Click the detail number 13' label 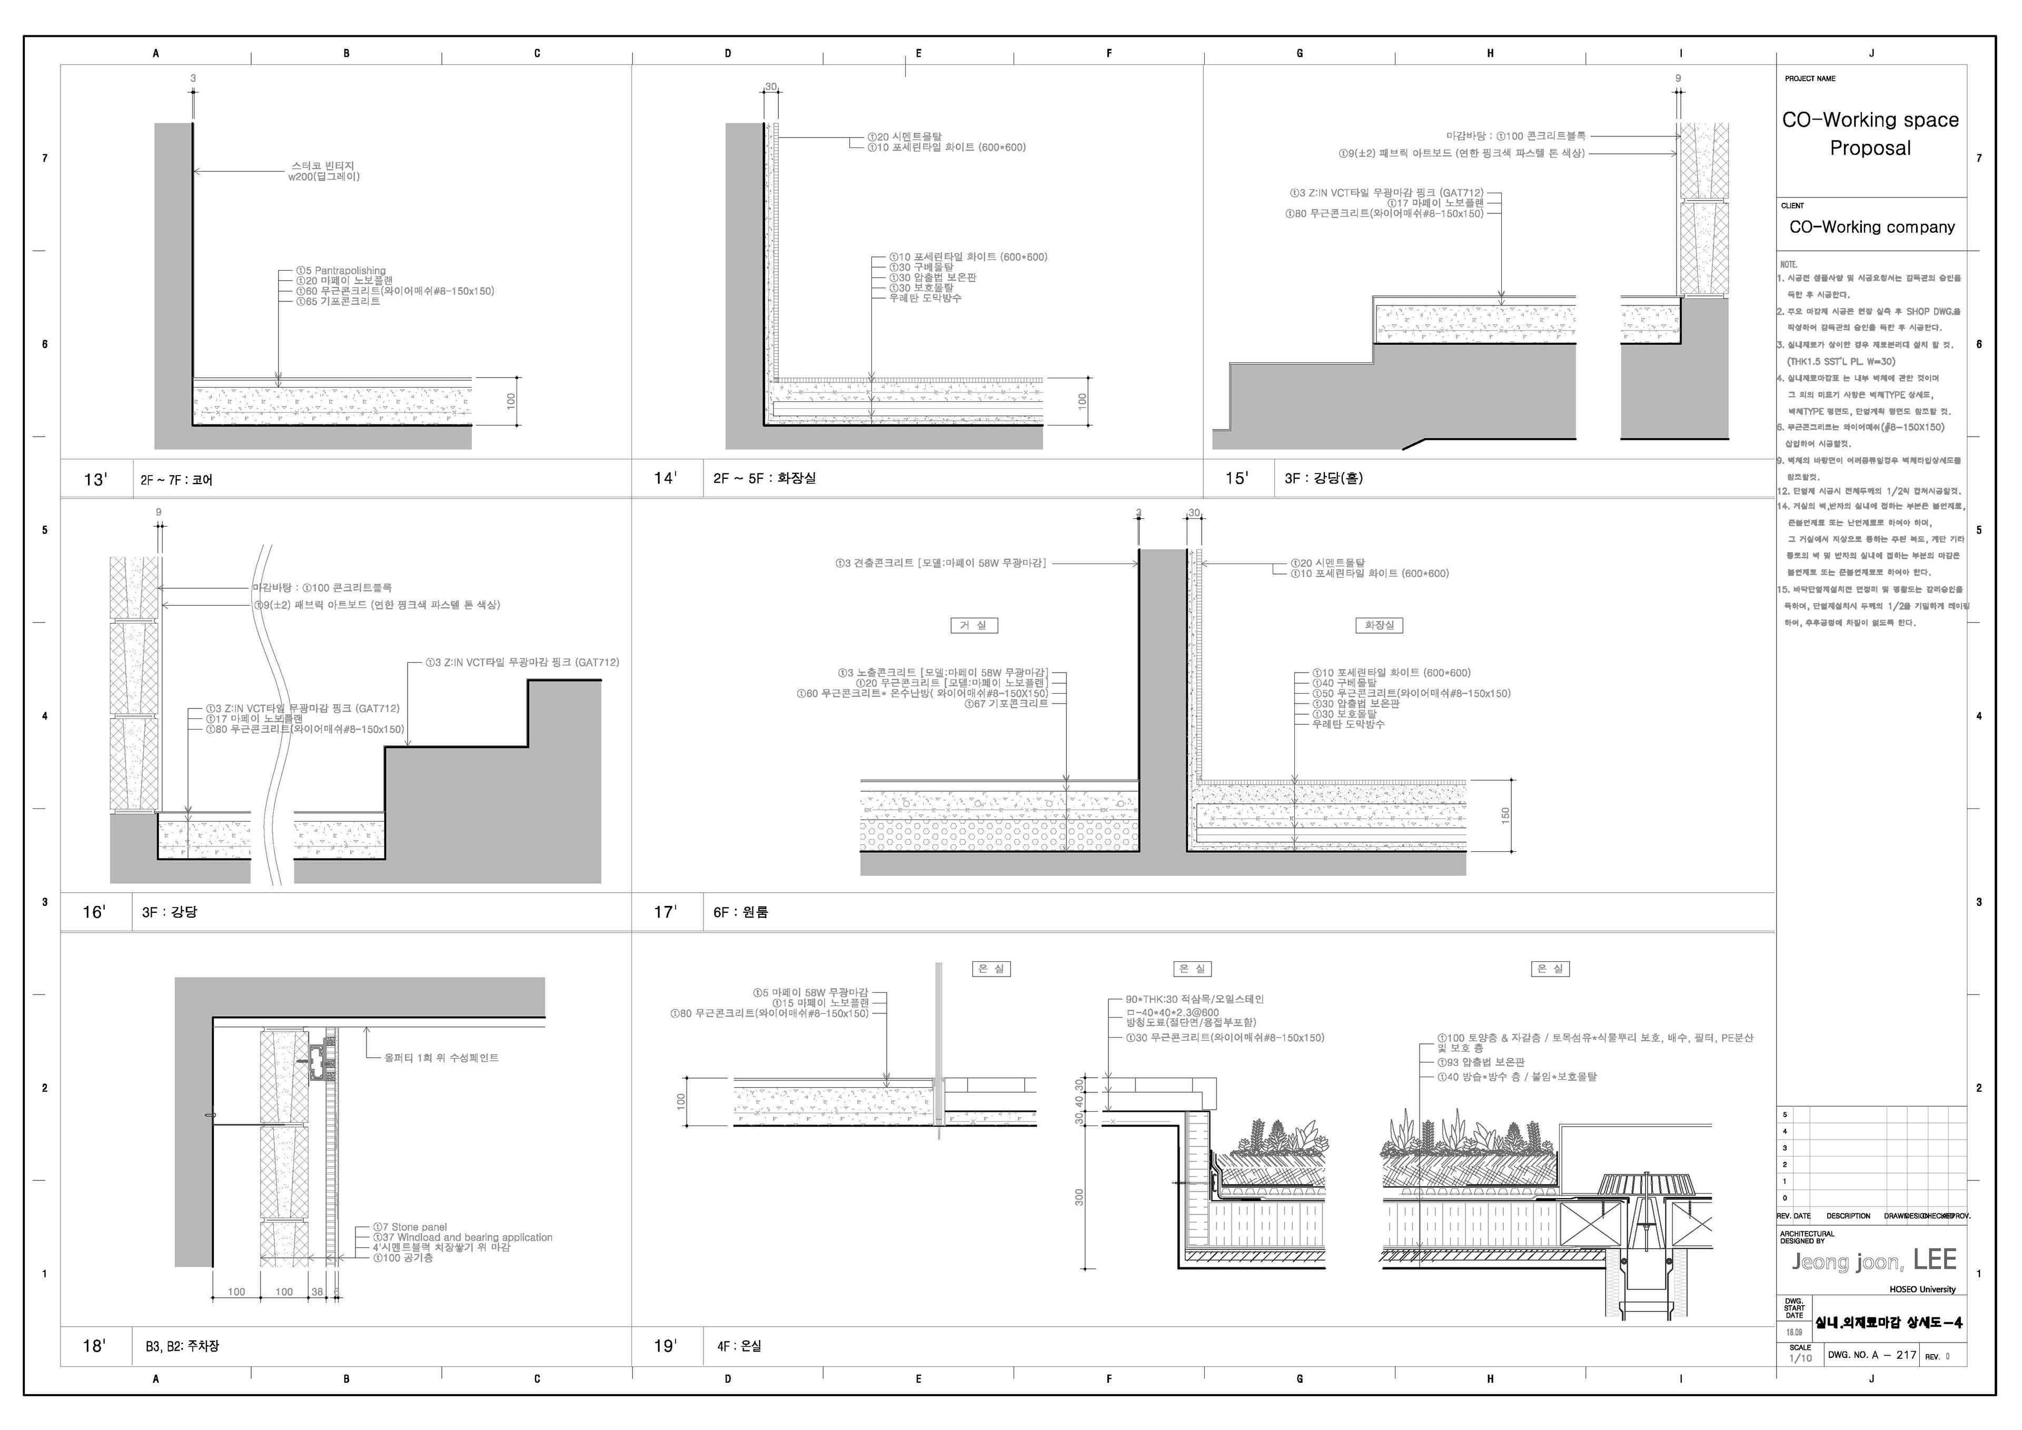95,479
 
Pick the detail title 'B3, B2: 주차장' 182,1346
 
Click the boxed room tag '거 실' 973,626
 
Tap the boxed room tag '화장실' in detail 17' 1379,626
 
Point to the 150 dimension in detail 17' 1505,815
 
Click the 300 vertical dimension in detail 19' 1079,1197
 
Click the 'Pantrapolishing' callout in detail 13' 345,271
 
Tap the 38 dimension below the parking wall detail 317,1291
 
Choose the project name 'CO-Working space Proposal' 1870,133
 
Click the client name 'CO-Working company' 1871,228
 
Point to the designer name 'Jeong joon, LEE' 1873,1261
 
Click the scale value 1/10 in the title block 1800,1359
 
